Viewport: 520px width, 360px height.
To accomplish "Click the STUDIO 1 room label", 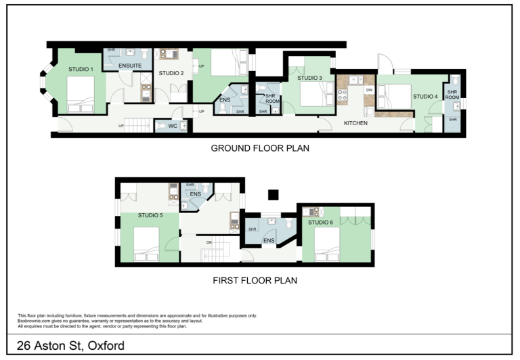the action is point(81,69).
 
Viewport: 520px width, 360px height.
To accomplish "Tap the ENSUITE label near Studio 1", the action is point(130,66).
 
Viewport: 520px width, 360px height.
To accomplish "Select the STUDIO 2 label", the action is point(171,73).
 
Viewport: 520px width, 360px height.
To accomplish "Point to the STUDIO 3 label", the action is point(309,78).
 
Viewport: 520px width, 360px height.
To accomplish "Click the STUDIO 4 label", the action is point(425,97).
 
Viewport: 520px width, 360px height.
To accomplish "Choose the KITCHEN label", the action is point(355,123).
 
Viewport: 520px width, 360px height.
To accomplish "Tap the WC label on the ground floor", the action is point(173,126).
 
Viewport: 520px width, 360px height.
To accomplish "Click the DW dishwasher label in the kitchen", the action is point(369,90).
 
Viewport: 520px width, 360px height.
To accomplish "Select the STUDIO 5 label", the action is point(150,215).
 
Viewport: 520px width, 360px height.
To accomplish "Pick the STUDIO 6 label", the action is point(320,222).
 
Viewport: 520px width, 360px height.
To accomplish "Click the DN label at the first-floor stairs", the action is point(209,243).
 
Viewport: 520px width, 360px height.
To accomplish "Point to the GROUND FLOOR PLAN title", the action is point(260,148).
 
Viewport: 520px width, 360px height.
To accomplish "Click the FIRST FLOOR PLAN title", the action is point(255,280).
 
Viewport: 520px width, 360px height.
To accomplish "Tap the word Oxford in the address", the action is point(106,346).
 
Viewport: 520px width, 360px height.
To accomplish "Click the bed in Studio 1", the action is point(81,95).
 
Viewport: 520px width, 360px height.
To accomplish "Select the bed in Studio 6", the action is point(327,245).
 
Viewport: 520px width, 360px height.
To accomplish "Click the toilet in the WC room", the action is point(162,126).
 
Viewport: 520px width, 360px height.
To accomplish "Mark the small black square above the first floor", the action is point(274,195).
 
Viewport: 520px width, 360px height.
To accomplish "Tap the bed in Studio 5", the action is point(146,245).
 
